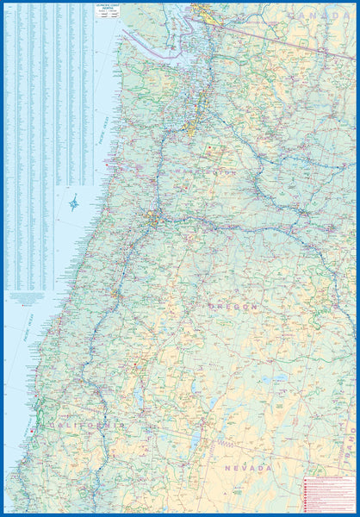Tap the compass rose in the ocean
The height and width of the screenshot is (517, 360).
[74, 204]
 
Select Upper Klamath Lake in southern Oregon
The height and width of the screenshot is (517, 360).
[140, 397]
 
